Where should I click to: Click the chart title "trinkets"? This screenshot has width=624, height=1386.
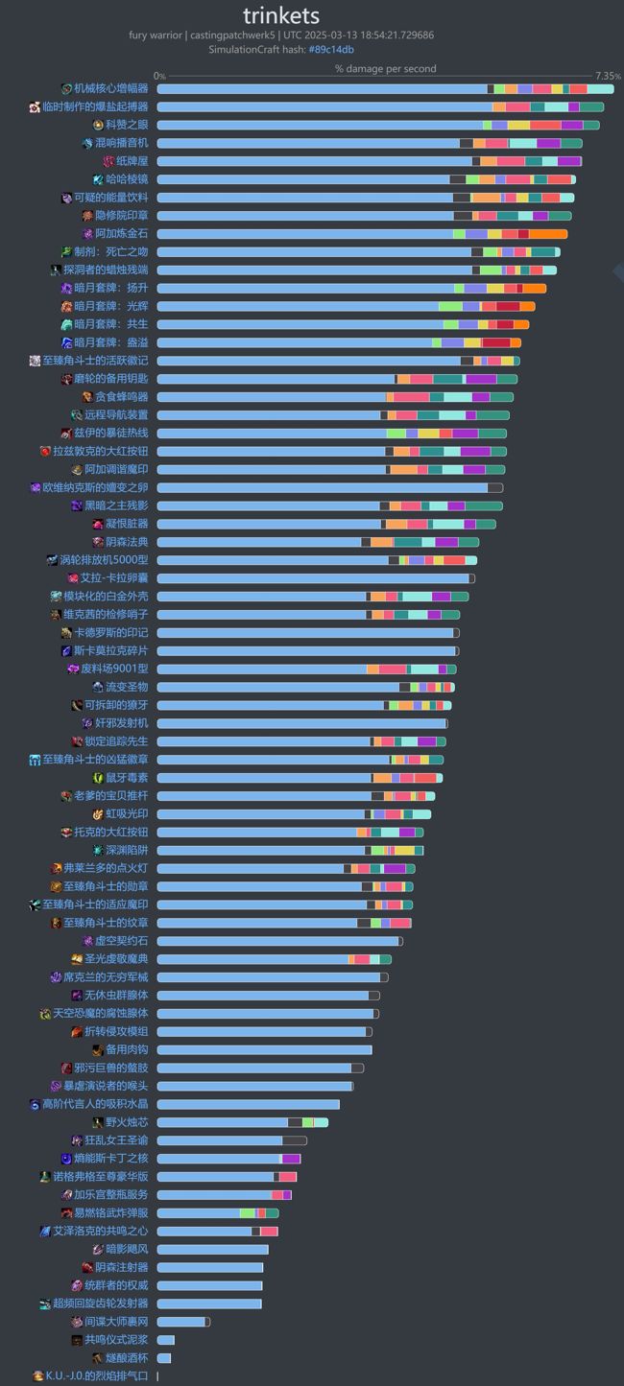click(x=281, y=15)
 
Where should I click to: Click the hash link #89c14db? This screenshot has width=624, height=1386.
click(x=331, y=49)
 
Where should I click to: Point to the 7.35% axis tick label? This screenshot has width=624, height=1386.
click(x=608, y=76)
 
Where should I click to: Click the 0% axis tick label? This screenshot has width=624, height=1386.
click(x=159, y=76)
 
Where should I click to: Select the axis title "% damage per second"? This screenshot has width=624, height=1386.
click(x=385, y=68)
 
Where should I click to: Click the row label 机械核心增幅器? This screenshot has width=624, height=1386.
click(x=111, y=88)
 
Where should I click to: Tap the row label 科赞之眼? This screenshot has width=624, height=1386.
click(x=127, y=125)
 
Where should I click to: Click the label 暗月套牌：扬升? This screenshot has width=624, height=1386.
click(x=111, y=288)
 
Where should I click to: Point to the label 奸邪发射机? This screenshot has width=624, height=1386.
click(x=122, y=723)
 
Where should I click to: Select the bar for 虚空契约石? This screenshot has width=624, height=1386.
click(x=279, y=941)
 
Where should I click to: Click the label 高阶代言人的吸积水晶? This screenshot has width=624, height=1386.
click(x=95, y=1104)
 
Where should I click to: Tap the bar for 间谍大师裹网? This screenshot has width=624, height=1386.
click(x=183, y=1322)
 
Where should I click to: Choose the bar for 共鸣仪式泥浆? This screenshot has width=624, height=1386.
click(x=166, y=1340)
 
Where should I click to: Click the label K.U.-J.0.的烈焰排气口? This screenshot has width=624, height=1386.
click(x=97, y=1375)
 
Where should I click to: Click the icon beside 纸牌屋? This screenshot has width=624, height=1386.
click(x=108, y=161)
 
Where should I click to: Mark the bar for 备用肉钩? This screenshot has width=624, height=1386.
click(x=264, y=1049)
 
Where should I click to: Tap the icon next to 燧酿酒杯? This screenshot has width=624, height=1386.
click(x=98, y=1358)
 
